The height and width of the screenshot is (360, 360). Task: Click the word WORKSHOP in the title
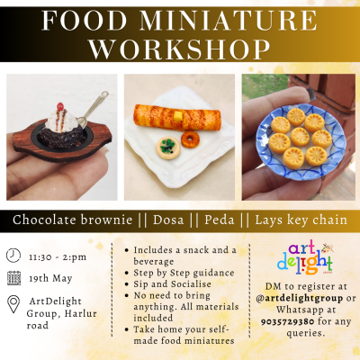(180, 49)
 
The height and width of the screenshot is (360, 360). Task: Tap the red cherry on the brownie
(60, 106)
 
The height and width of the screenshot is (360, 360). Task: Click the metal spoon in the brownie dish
(92, 110)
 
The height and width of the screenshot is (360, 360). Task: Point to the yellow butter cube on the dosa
(178, 116)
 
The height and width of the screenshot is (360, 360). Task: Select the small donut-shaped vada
(190, 139)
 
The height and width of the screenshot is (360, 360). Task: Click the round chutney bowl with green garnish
(168, 148)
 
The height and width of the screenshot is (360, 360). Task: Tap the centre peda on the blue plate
(300, 137)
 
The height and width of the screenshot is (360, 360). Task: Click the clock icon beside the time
(13, 256)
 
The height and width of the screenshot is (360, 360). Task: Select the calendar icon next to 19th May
(13, 278)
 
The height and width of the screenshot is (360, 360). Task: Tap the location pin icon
(13, 304)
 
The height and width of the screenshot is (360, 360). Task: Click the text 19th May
(50, 279)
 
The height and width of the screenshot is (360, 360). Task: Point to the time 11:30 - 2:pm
(58, 257)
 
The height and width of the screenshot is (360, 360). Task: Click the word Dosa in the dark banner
(168, 220)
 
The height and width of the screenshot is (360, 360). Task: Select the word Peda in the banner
(220, 220)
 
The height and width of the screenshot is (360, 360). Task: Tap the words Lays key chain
(301, 220)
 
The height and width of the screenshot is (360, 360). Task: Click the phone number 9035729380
(287, 321)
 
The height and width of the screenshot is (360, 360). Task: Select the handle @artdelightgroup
(300, 298)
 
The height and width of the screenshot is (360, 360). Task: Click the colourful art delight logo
(305, 257)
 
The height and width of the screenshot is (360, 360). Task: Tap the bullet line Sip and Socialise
(172, 284)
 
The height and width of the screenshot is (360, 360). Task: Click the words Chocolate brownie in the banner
(72, 220)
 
